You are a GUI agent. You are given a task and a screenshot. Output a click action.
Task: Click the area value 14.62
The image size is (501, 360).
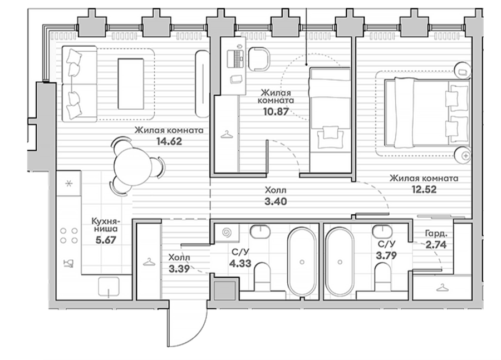click(x=169, y=141)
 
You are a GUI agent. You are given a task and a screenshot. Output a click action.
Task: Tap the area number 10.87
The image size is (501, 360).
click(x=276, y=111)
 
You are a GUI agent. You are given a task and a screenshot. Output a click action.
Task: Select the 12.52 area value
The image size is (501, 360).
click(x=424, y=189)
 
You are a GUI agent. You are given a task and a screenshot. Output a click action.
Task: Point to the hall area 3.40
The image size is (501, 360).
click(x=276, y=201)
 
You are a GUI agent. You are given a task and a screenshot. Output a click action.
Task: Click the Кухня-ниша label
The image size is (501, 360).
click(x=105, y=225)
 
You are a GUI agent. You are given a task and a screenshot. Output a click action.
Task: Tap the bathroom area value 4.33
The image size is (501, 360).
click(x=240, y=264)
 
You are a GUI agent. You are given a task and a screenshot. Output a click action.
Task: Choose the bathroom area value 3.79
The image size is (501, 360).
click(x=386, y=255)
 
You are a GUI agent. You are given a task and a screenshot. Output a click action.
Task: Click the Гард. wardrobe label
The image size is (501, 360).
click(x=436, y=234)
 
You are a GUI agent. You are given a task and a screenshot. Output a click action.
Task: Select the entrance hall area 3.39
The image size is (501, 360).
click(x=179, y=269)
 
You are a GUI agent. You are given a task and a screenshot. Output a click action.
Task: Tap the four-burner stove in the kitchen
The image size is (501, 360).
click(x=69, y=235)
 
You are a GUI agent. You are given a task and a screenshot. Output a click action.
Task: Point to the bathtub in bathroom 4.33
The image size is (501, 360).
click(x=302, y=262)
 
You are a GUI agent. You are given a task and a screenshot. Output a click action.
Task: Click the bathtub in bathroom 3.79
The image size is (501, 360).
click(x=340, y=262)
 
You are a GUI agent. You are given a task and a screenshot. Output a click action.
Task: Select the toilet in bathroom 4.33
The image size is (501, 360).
click(x=262, y=277)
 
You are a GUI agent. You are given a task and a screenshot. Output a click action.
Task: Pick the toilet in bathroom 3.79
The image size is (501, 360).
click(x=383, y=277)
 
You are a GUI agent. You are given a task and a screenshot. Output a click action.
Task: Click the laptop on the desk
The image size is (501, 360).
click(x=235, y=58)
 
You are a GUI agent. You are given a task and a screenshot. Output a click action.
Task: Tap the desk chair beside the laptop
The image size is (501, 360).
click(x=259, y=59)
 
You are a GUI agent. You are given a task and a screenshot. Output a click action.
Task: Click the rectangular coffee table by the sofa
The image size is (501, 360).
click(x=131, y=83)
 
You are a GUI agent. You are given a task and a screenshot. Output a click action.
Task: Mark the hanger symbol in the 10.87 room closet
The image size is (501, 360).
click(x=227, y=135)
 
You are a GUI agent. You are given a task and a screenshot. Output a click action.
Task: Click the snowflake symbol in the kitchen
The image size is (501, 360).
click(x=68, y=184)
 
